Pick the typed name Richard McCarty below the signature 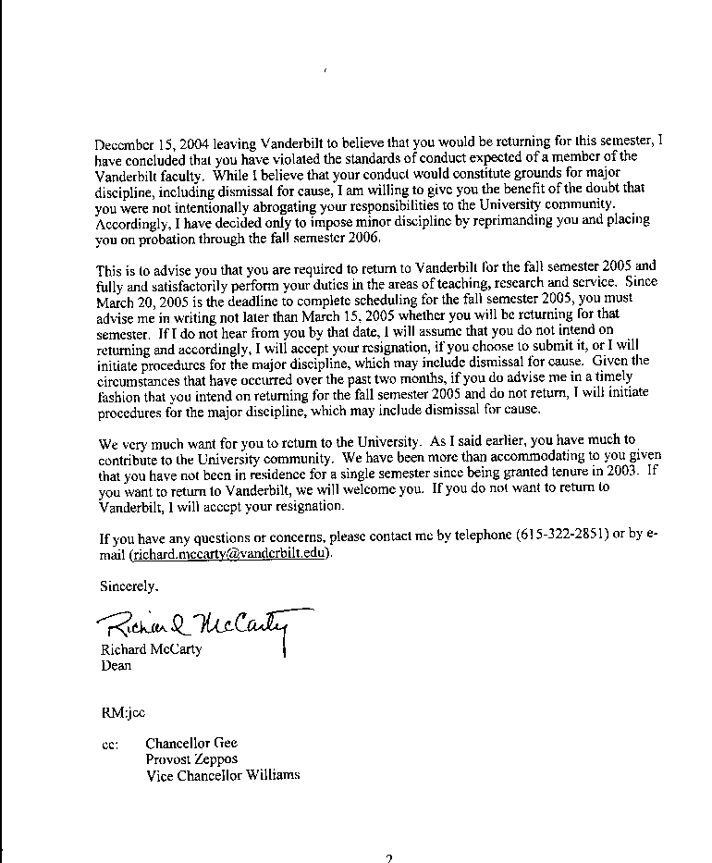click(x=151, y=649)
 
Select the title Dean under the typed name click(x=116, y=664)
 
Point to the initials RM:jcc click(x=122, y=713)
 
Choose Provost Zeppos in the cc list click(x=191, y=759)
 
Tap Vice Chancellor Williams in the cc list click(x=223, y=775)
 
